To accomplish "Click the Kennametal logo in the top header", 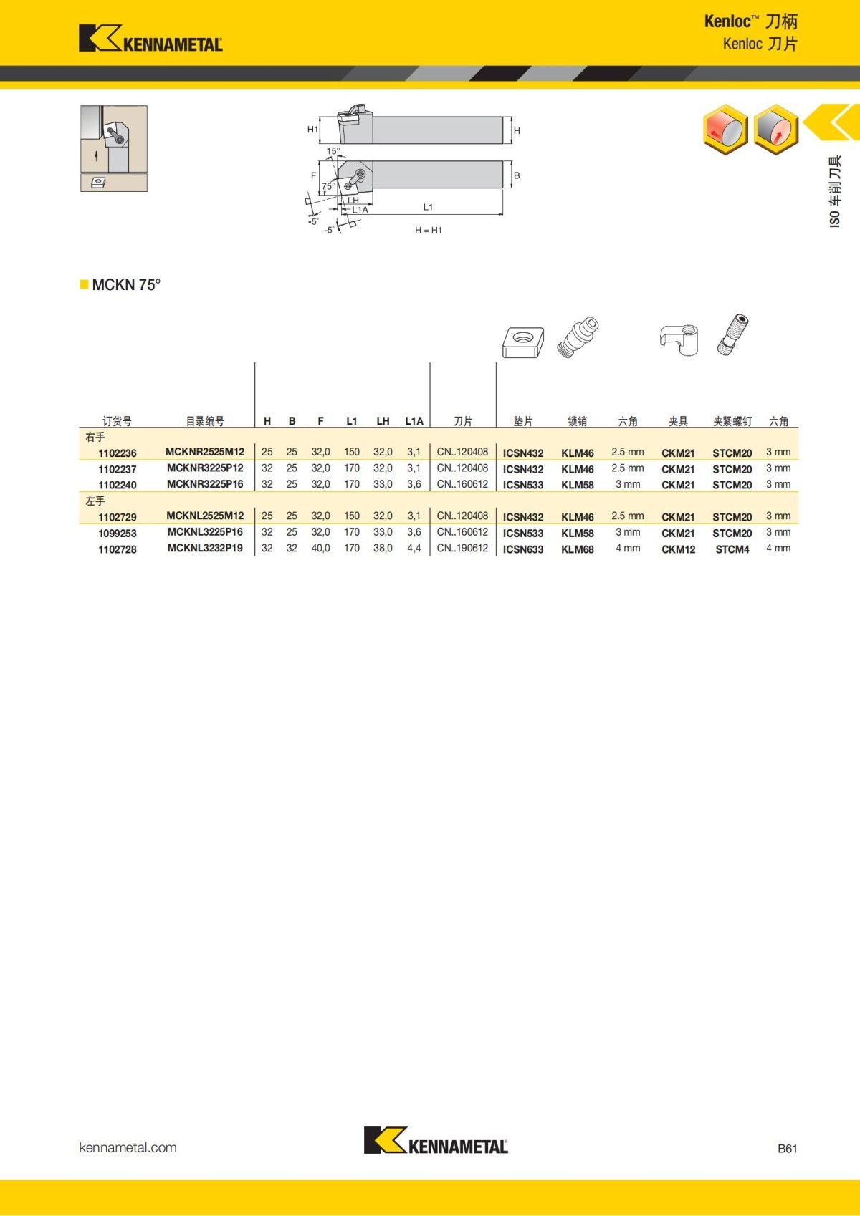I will [150, 39].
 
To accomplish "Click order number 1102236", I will [117, 453].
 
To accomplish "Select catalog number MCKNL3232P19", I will [205, 549].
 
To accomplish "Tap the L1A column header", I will [414, 421].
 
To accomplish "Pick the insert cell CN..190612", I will [462, 549].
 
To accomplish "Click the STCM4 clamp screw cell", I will [732, 549].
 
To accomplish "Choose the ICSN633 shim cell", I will [522, 549].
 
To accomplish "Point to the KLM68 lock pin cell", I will [577, 549].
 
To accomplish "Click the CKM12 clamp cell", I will [678, 549].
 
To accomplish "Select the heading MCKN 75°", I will [126, 285].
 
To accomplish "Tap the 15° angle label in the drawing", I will [333, 151].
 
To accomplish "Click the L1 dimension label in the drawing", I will [428, 207].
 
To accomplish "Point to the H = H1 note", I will [428, 231].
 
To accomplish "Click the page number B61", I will [787, 1149].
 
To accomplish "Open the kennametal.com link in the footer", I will [128, 1147].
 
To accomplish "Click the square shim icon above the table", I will [523, 342].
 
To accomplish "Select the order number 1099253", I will [117, 534].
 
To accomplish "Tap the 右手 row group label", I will [95, 437].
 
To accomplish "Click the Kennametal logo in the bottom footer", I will [436, 1141].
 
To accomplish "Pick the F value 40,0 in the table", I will [320, 549].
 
